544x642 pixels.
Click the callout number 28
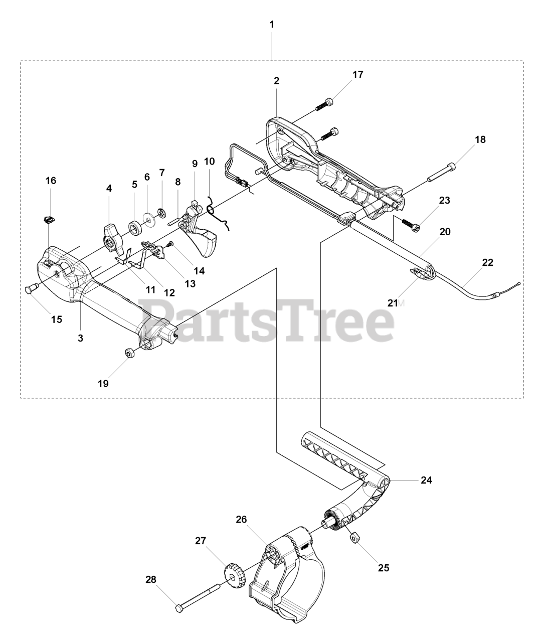tap(151, 579)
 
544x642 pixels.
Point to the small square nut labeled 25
tap(353, 538)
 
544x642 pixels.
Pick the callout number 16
tap(51, 181)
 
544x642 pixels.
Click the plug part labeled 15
tap(32, 288)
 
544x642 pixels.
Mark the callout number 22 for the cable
tap(487, 262)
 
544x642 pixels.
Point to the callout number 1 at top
tap(272, 24)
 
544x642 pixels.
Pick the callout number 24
tap(426, 480)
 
